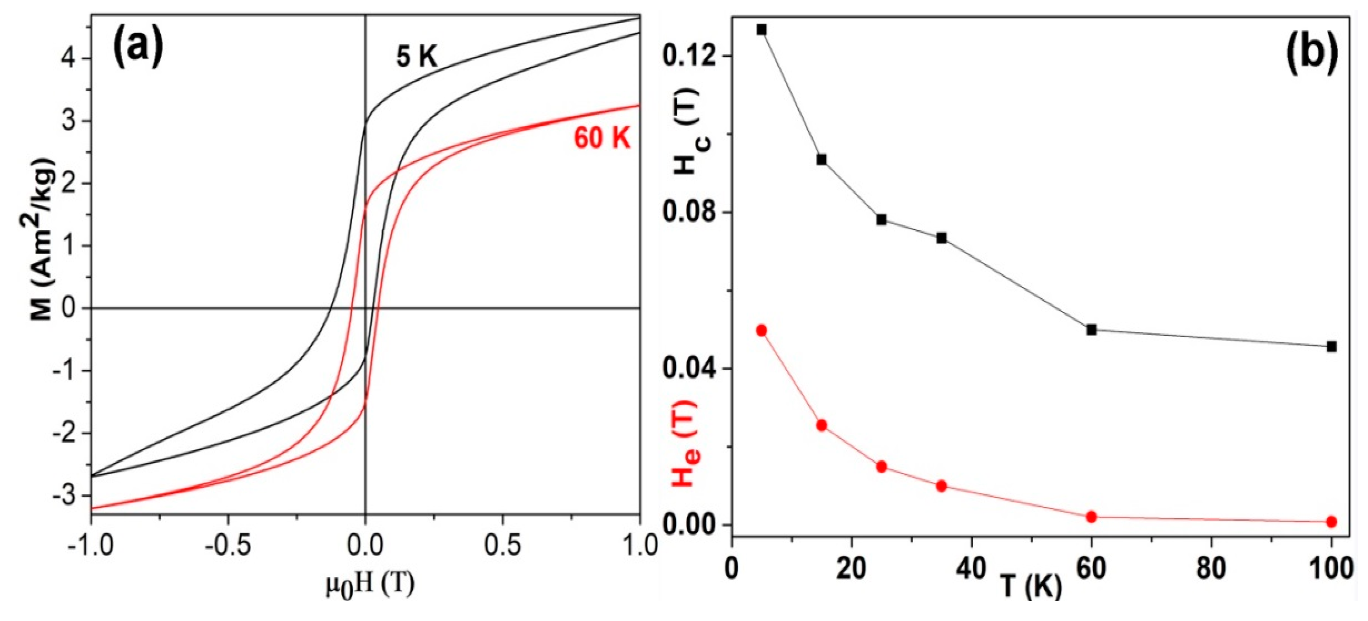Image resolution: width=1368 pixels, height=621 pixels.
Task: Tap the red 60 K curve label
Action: [x=602, y=139]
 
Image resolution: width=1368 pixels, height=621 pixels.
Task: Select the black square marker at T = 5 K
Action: [x=761, y=30]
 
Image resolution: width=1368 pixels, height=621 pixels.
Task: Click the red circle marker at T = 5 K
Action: [x=761, y=330]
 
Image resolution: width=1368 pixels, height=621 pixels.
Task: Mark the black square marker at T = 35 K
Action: [x=942, y=238]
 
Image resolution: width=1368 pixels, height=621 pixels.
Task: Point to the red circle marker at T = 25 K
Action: [x=882, y=467]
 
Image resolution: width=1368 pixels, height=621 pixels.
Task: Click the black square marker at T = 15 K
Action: [x=822, y=159]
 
